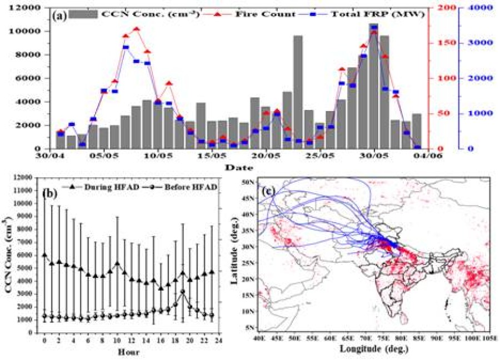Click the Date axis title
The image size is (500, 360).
click(241, 167)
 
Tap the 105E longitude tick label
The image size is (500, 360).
click(488, 337)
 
